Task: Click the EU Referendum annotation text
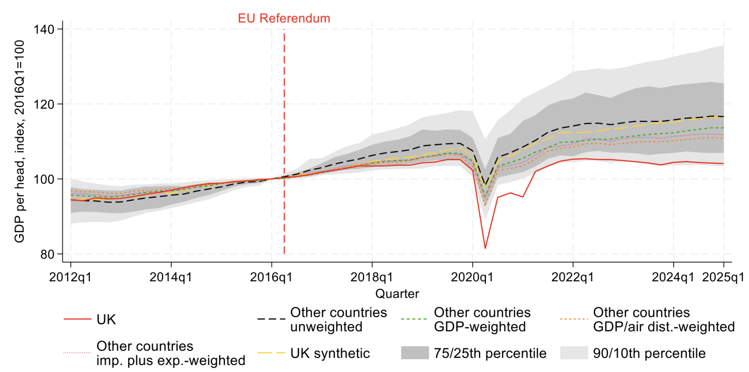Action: pos(284,19)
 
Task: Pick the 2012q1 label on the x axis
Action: pos(70,277)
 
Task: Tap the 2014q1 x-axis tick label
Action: pos(171,277)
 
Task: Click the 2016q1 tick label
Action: pos(272,277)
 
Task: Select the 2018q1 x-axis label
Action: pos(372,277)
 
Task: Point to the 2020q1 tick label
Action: pos(472,277)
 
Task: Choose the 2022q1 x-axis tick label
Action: pos(573,277)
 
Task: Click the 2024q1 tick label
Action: pos(673,277)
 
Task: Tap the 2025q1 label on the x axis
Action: pos(723,277)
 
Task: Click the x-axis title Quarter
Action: pos(397,293)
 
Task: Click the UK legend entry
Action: pos(105,319)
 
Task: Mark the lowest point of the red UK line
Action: pos(485,249)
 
